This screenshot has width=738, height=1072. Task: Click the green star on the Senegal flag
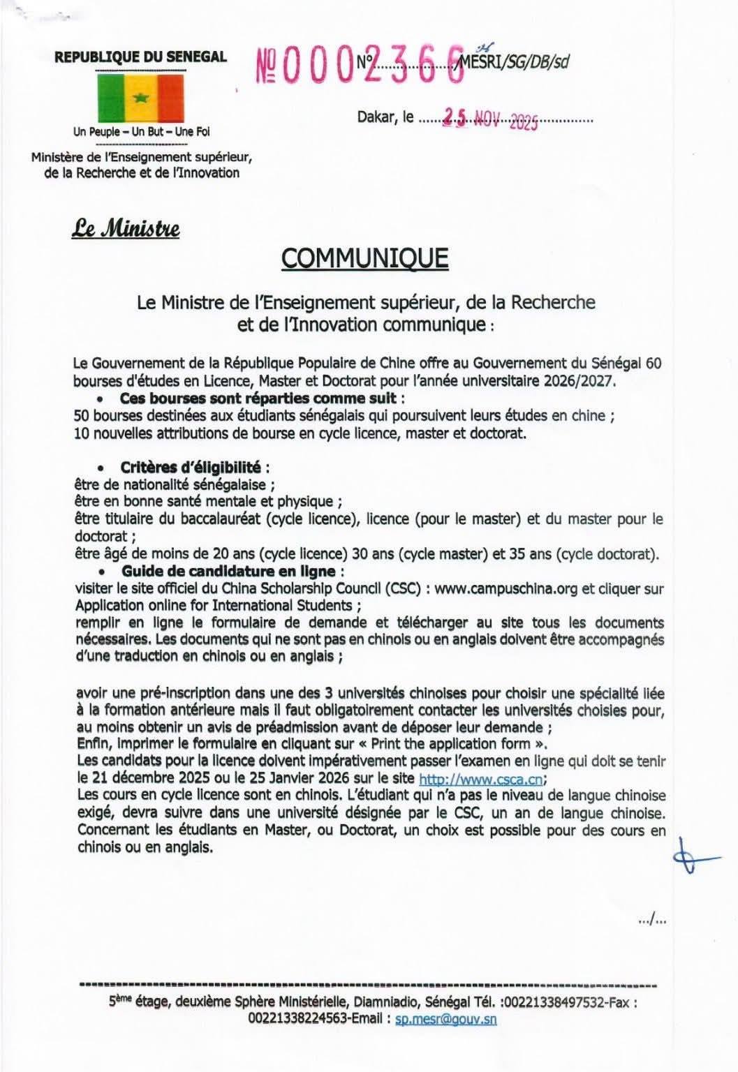141,98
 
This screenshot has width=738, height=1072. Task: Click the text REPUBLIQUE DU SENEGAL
141,57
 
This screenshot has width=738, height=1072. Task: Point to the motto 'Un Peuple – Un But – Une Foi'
142,131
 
